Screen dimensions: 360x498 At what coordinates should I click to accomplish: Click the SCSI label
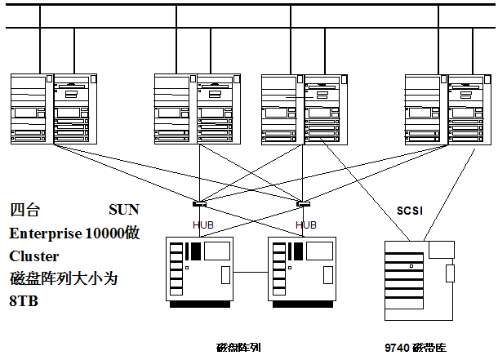pos(409,210)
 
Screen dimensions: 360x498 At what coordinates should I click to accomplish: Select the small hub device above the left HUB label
pos(200,204)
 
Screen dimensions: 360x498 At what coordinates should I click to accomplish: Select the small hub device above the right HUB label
pos(304,204)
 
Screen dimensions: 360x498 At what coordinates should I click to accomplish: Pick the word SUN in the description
pos(125,209)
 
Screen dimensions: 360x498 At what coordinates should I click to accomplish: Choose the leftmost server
pos(54,109)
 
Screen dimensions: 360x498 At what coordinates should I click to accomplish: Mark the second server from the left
pos(198,109)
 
